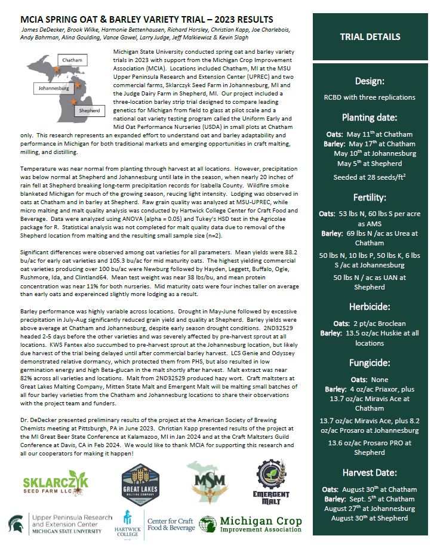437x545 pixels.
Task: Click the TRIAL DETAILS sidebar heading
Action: click(x=370, y=37)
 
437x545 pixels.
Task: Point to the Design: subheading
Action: click(x=370, y=81)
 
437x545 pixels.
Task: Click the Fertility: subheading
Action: click(x=370, y=197)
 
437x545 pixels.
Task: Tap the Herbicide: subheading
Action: click(x=370, y=307)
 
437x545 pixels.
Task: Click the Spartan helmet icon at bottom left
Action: click(x=16, y=524)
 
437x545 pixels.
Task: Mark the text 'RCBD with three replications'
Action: click(x=370, y=96)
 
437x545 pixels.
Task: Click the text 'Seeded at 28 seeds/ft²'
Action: click(x=370, y=177)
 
